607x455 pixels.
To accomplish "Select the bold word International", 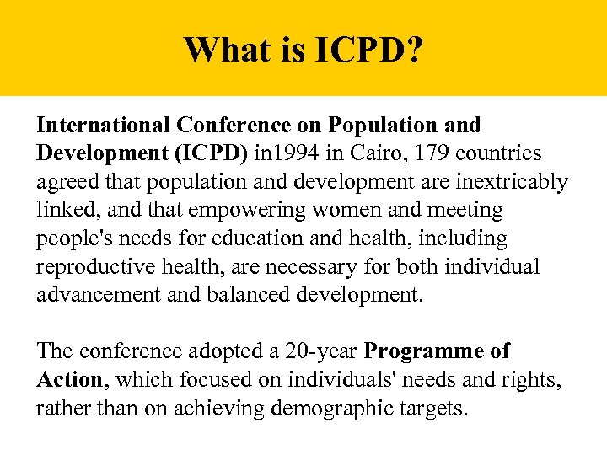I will click(104, 126).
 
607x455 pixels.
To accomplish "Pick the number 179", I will click(427, 154).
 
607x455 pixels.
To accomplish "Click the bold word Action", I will click(69, 380).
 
